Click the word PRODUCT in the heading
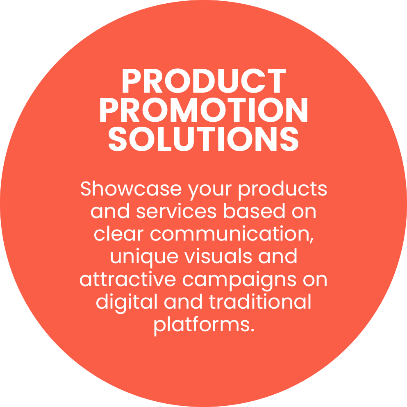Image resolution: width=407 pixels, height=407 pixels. (x=204, y=80)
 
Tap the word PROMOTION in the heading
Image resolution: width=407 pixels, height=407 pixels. (x=204, y=110)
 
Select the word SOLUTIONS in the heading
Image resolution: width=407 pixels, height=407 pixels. (x=203, y=139)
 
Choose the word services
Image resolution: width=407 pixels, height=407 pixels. (x=176, y=211)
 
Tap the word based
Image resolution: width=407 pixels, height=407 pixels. (x=254, y=211)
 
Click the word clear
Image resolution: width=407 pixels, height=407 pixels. (x=118, y=234)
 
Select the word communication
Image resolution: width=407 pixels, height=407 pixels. (x=230, y=234)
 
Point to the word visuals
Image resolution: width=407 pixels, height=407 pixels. (x=218, y=256)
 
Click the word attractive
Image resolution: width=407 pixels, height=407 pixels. (x=127, y=279)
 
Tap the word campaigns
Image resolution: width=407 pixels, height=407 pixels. (x=239, y=281)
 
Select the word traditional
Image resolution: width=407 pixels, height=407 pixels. (x=260, y=301)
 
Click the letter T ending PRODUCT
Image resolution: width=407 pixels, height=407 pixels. (x=277, y=81)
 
